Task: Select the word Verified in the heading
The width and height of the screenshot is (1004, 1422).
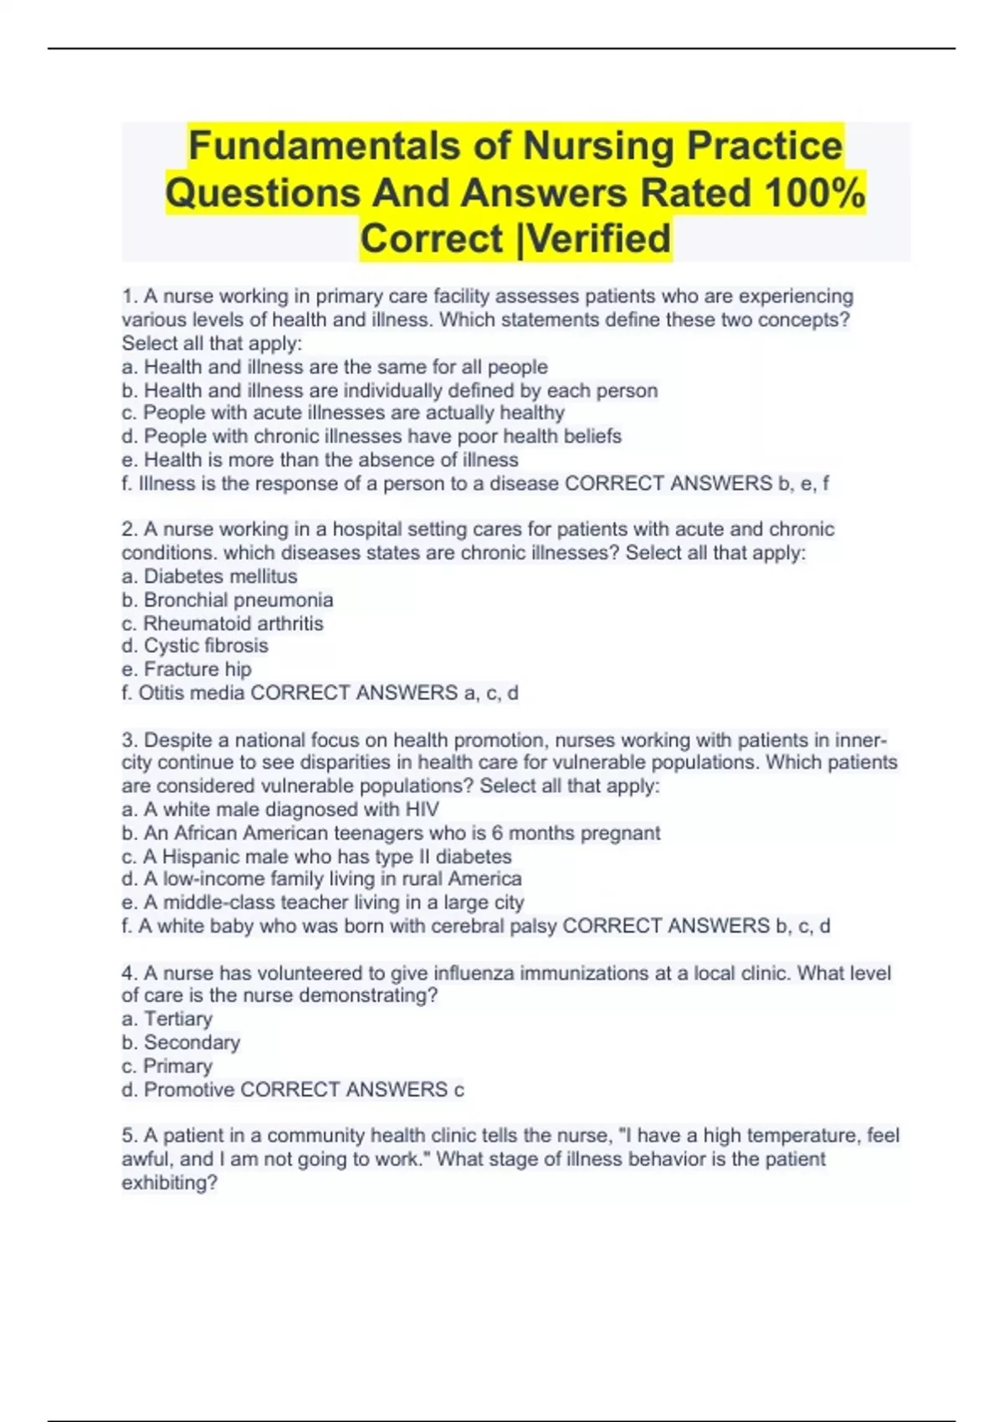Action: [600, 238]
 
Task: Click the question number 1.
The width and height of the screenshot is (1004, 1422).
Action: [129, 296]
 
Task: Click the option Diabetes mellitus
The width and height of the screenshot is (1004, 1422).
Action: [220, 576]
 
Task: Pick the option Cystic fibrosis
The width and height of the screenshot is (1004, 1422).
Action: [206, 646]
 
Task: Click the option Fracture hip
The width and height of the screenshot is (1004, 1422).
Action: [197, 669]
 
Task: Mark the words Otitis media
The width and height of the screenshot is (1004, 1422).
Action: [192, 693]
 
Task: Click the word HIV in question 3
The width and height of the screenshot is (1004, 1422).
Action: [422, 810]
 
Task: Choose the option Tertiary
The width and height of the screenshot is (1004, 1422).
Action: [177, 1019]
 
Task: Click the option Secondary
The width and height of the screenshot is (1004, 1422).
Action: [192, 1042]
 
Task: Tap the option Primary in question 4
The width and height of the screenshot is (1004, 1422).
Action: [177, 1066]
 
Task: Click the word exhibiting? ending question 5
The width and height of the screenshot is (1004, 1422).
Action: [170, 1183]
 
